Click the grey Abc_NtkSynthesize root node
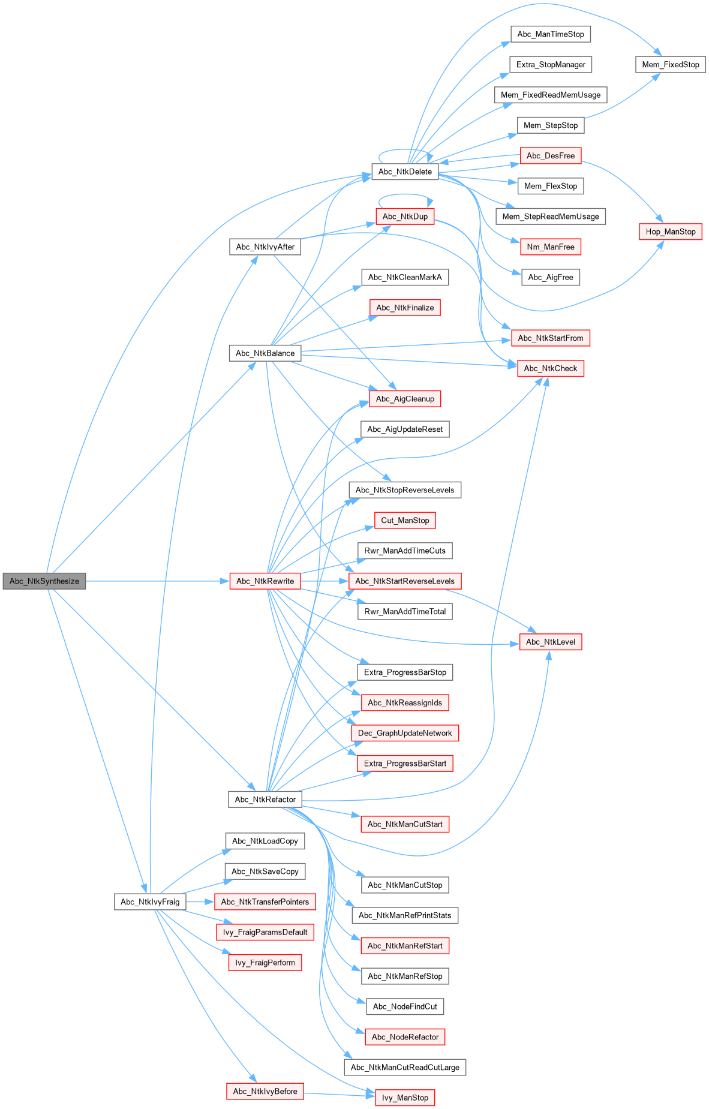click(x=44, y=581)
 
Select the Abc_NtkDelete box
click(x=405, y=172)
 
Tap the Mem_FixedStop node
click(x=670, y=65)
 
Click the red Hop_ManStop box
click(x=670, y=232)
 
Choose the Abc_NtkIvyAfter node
click(x=265, y=247)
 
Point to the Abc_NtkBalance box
click(x=265, y=353)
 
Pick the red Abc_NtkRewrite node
click(x=265, y=581)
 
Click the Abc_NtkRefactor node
click(x=265, y=800)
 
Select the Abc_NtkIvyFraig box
click(x=150, y=901)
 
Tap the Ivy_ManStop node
click(x=405, y=1098)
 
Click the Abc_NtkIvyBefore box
click(x=265, y=1091)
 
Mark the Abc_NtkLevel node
click(x=550, y=642)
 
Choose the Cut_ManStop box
click(x=405, y=521)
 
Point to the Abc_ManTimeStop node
click(x=550, y=34)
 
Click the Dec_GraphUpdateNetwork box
click(x=405, y=733)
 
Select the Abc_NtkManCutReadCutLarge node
click(x=405, y=1067)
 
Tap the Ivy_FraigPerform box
click(x=265, y=963)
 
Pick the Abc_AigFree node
click(x=550, y=277)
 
